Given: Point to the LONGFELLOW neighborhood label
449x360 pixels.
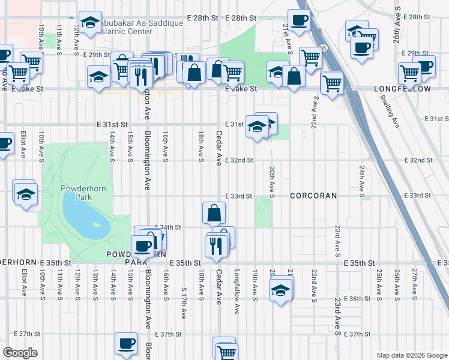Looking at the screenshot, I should pyautogui.click(x=402, y=89).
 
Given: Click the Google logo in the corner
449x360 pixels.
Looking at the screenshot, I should pyautogui.click(x=20, y=353).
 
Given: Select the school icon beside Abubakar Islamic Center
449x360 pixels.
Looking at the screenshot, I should pyautogui.click(x=90, y=23).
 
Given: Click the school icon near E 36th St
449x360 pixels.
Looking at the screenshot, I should pyautogui.click(x=280, y=291).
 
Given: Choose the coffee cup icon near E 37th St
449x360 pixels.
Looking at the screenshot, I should pyautogui.click(x=126, y=344).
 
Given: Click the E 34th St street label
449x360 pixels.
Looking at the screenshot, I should pyautogui.click(x=169, y=227).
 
